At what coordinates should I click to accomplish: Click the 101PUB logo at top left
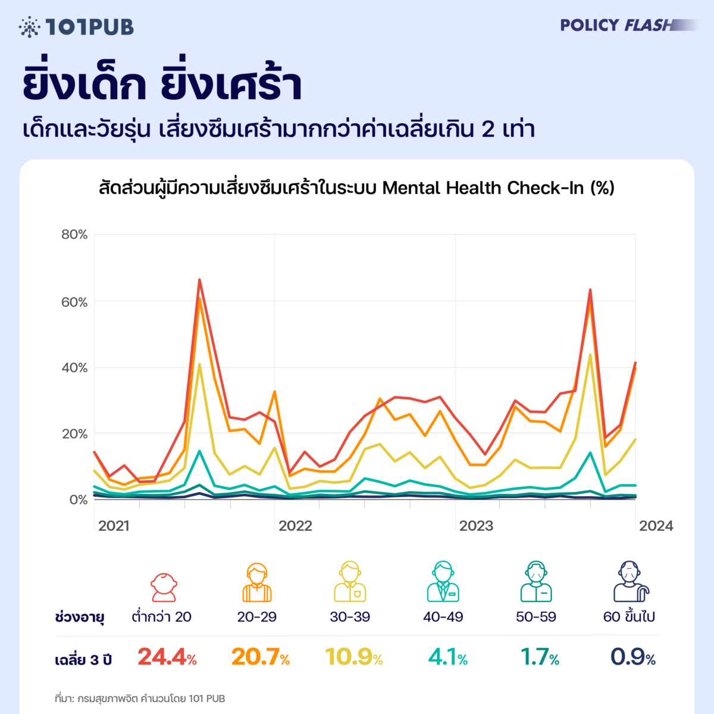point(76,27)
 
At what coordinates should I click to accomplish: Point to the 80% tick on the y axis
point(74,234)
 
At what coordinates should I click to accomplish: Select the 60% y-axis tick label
point(74,302)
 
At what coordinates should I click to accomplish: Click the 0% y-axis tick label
point(77,500)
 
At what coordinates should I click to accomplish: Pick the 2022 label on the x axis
point(295,525)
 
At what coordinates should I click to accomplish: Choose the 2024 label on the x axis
point(656,525)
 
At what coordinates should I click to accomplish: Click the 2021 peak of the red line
point(199,280)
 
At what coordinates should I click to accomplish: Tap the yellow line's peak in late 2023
point(590,355)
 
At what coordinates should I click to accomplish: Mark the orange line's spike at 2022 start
point(274,392)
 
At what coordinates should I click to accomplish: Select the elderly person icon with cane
point(630,581)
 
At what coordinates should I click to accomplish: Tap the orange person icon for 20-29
point(256,583)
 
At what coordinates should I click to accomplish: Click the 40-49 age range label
point(443,617)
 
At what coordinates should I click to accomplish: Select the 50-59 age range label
point(536,617)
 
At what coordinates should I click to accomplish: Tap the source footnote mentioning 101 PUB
point(140,699)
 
